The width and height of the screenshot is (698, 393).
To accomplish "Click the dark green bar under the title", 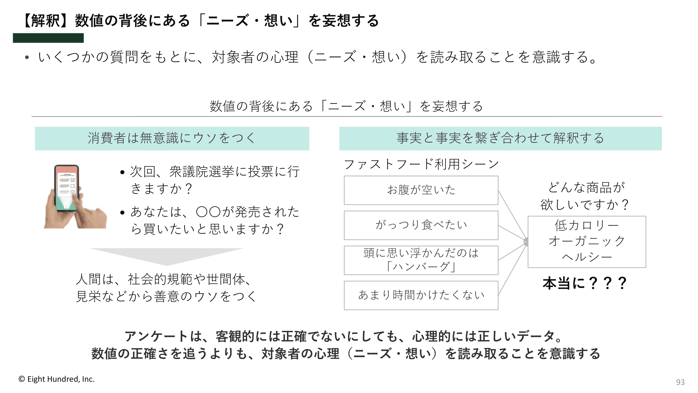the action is click(x=48, y=38).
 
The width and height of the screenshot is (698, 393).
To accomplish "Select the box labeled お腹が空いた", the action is click(x=421, y=190).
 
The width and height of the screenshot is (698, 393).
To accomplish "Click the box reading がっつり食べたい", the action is click(x=421, y=225).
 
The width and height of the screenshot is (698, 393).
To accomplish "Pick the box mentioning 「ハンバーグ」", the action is click(x=421, y=260).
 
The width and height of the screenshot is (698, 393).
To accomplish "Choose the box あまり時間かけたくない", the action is click(x=421, y=295).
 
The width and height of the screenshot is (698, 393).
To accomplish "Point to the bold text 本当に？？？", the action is click(x=585, y=283).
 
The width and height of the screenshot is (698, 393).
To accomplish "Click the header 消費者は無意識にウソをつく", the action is click(x=172, y=138).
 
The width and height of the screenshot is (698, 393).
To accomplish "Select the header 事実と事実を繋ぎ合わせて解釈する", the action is click(x=500, y=138).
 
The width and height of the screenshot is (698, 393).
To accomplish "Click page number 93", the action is click(x=680, y=382).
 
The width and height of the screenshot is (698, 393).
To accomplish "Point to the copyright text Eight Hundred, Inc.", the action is click(x=61, y=379).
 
